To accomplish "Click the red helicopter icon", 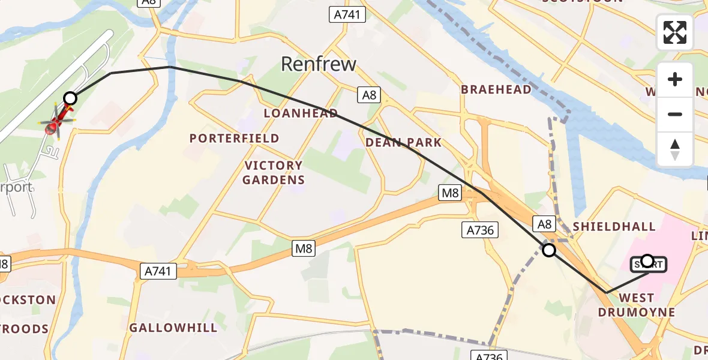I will [56, 122].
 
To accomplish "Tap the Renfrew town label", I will [319, 64].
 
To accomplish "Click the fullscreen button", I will [675, 32].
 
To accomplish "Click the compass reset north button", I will [675, 149].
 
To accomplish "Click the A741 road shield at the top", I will [348, 14].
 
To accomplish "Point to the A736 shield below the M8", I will [479, 229].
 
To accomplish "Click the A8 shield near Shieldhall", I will [544, 224].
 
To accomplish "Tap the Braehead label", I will [496, 89].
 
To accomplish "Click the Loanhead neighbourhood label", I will [301, 113].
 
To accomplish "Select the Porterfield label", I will [235, 138].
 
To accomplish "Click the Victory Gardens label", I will [274, 172].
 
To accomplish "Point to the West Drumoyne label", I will [637, 305].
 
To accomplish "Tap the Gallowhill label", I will [173, 328].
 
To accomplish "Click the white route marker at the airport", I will [70, 98].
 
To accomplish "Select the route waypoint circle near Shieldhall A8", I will [548, 250].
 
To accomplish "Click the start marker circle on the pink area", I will [647, 260].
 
